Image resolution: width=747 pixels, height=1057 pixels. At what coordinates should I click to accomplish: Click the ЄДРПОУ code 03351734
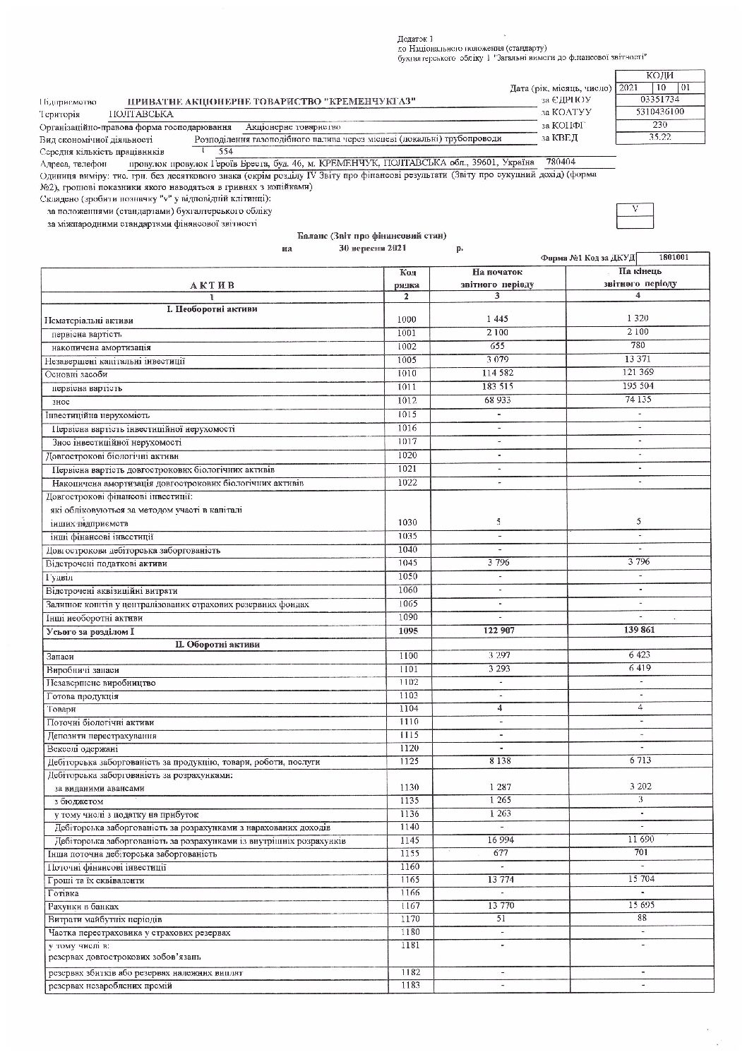[659, 100]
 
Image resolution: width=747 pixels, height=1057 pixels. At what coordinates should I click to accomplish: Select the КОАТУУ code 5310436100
[659, 112]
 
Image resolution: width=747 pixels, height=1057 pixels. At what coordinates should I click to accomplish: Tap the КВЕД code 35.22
[659, 136]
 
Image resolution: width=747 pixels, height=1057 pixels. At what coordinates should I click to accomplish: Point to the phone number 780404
[561, 162]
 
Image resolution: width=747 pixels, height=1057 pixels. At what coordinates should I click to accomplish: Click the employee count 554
[226, 151]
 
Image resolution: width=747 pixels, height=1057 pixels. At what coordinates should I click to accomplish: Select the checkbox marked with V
[634, 210]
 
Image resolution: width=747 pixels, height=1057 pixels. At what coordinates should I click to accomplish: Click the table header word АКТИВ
[211, 285]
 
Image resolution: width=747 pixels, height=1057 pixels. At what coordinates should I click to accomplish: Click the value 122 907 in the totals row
[497, 631]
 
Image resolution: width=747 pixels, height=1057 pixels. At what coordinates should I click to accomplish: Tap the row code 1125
[407, 762]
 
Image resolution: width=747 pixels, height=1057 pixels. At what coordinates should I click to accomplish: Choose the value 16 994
[498, 841]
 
